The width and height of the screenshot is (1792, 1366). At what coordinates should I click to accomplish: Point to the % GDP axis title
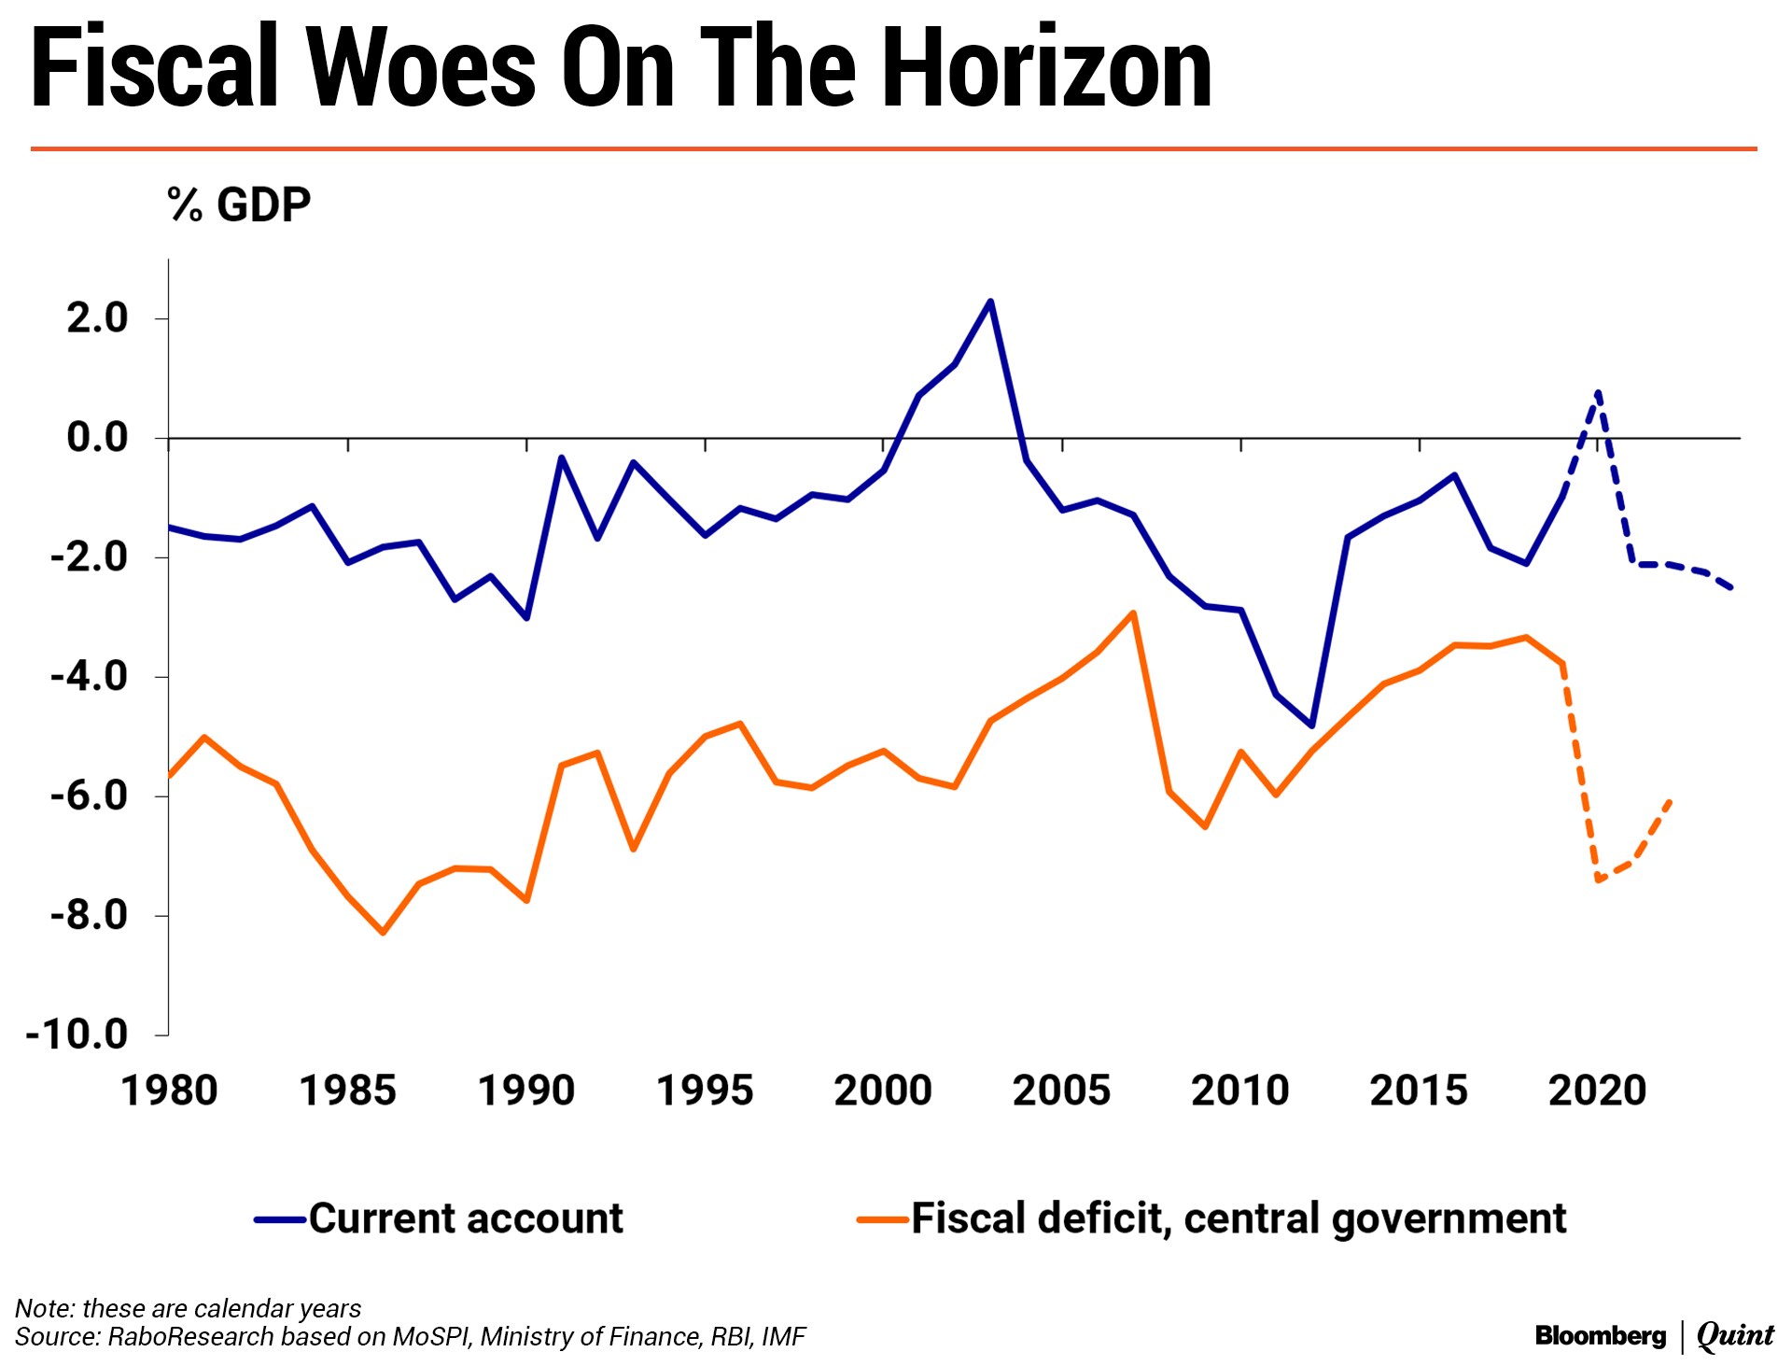[239, 204]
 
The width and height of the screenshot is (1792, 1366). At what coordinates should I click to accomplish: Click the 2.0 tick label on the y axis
[97, 318]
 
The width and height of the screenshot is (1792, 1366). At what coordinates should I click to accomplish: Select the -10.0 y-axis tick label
[78, 1035]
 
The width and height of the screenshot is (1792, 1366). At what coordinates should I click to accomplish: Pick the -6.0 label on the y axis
[90, 796]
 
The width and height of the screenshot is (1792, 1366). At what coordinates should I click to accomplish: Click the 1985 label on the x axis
[347, 1091]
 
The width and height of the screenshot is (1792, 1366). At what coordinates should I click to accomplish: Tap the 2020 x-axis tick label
[1597, 1091]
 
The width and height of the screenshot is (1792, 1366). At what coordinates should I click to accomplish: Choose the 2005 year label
[1061, 1091]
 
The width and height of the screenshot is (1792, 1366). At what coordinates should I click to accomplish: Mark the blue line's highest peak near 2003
[990, 302]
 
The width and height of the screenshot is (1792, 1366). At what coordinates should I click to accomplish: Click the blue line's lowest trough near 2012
[1312, 725]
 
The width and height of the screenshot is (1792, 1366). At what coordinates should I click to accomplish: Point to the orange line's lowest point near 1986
[383, 932]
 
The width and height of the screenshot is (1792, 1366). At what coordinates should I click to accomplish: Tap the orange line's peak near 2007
[1133, 613]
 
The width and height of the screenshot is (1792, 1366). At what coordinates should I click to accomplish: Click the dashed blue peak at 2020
[1598, 393]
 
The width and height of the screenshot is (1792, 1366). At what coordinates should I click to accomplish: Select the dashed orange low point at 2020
[1599, 880]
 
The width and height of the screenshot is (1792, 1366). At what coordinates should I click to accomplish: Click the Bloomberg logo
[1600, 1336]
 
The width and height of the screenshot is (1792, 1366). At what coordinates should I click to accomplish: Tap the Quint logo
[1735, 1336]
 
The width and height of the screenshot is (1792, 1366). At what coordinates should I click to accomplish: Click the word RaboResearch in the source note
[190, 1337]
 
